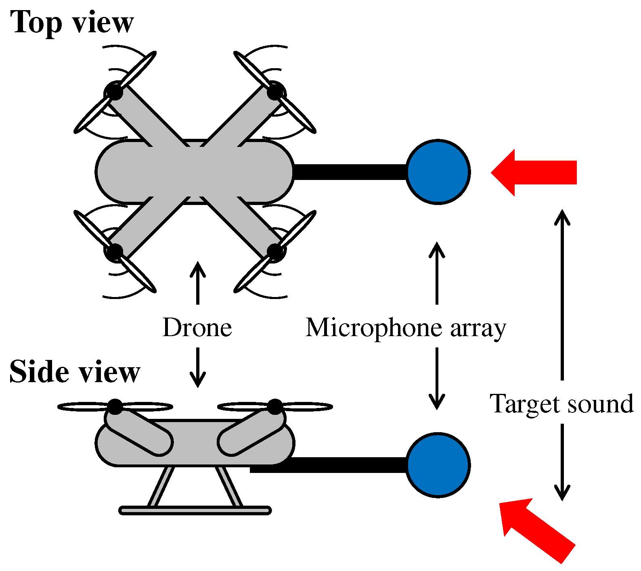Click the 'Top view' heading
71,22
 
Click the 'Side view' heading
75,372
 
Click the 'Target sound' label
561,404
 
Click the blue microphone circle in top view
438,172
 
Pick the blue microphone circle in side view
438,464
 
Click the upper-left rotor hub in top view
114,91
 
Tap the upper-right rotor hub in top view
276,91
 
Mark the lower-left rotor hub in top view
114,251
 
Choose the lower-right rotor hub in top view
276,251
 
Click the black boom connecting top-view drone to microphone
349,172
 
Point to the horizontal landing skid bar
195,510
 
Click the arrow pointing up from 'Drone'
197,282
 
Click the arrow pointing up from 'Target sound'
562,295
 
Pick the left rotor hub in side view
115,406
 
